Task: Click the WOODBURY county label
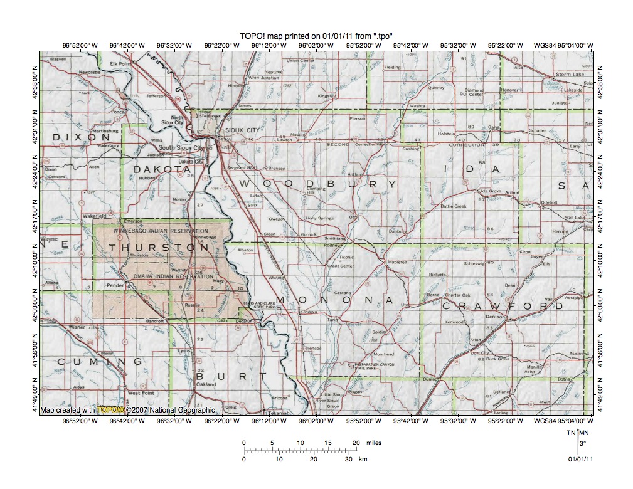click(x=317, y=184)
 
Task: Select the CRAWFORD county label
click(x=503, y=306)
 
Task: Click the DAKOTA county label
click(x=161, y=169)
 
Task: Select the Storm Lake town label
click(x=570, y=75)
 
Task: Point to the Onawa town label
click(x=309, y=312)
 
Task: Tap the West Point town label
click(x=141, y=393)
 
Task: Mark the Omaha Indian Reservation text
click(x=165, y=276)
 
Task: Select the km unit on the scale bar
click(x=363, y=460)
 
